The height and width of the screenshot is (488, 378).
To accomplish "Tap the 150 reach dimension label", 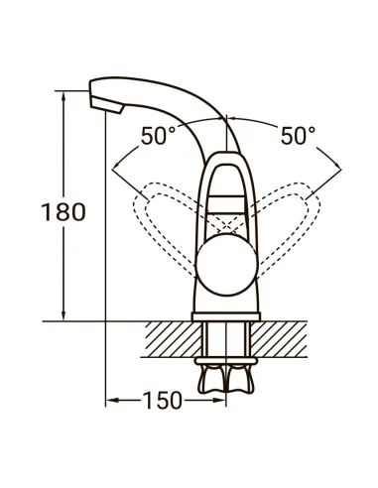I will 163,401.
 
